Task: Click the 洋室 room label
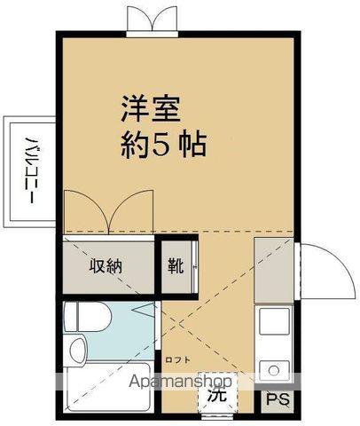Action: (x=150, y=110)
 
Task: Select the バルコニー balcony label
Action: (x=29, y=169)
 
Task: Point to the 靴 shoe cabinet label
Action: (x=176, y=265)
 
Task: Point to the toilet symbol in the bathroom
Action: (x=90, y=316)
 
